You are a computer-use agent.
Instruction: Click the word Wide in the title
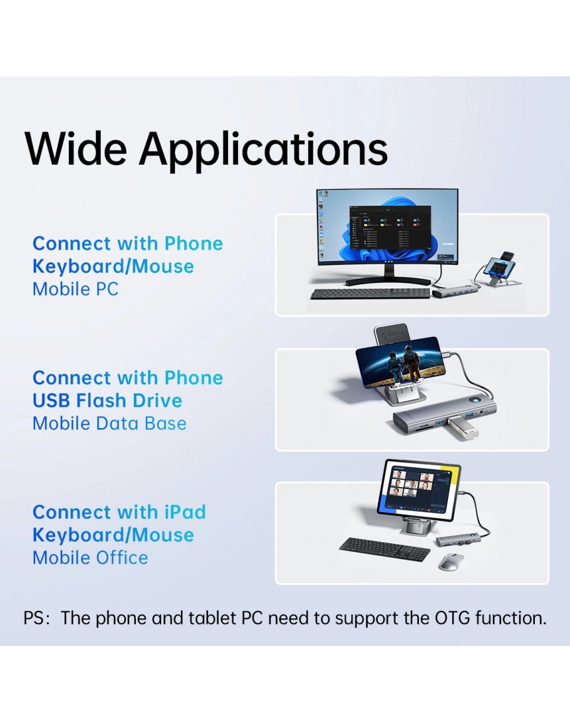coord(76,148)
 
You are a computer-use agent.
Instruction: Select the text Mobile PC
coord(76,289)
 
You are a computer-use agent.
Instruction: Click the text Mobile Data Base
coord(110,423)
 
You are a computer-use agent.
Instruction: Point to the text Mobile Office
coord(90,558)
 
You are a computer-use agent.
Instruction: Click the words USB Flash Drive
coord(108,400)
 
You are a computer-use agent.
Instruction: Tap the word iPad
coord(185,512)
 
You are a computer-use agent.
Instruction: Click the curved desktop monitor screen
coord(387,227)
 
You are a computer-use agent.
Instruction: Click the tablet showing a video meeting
coord(418,487)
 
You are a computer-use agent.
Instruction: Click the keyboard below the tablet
coord(385,549)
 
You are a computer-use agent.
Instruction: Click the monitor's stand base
coord(374,280)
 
